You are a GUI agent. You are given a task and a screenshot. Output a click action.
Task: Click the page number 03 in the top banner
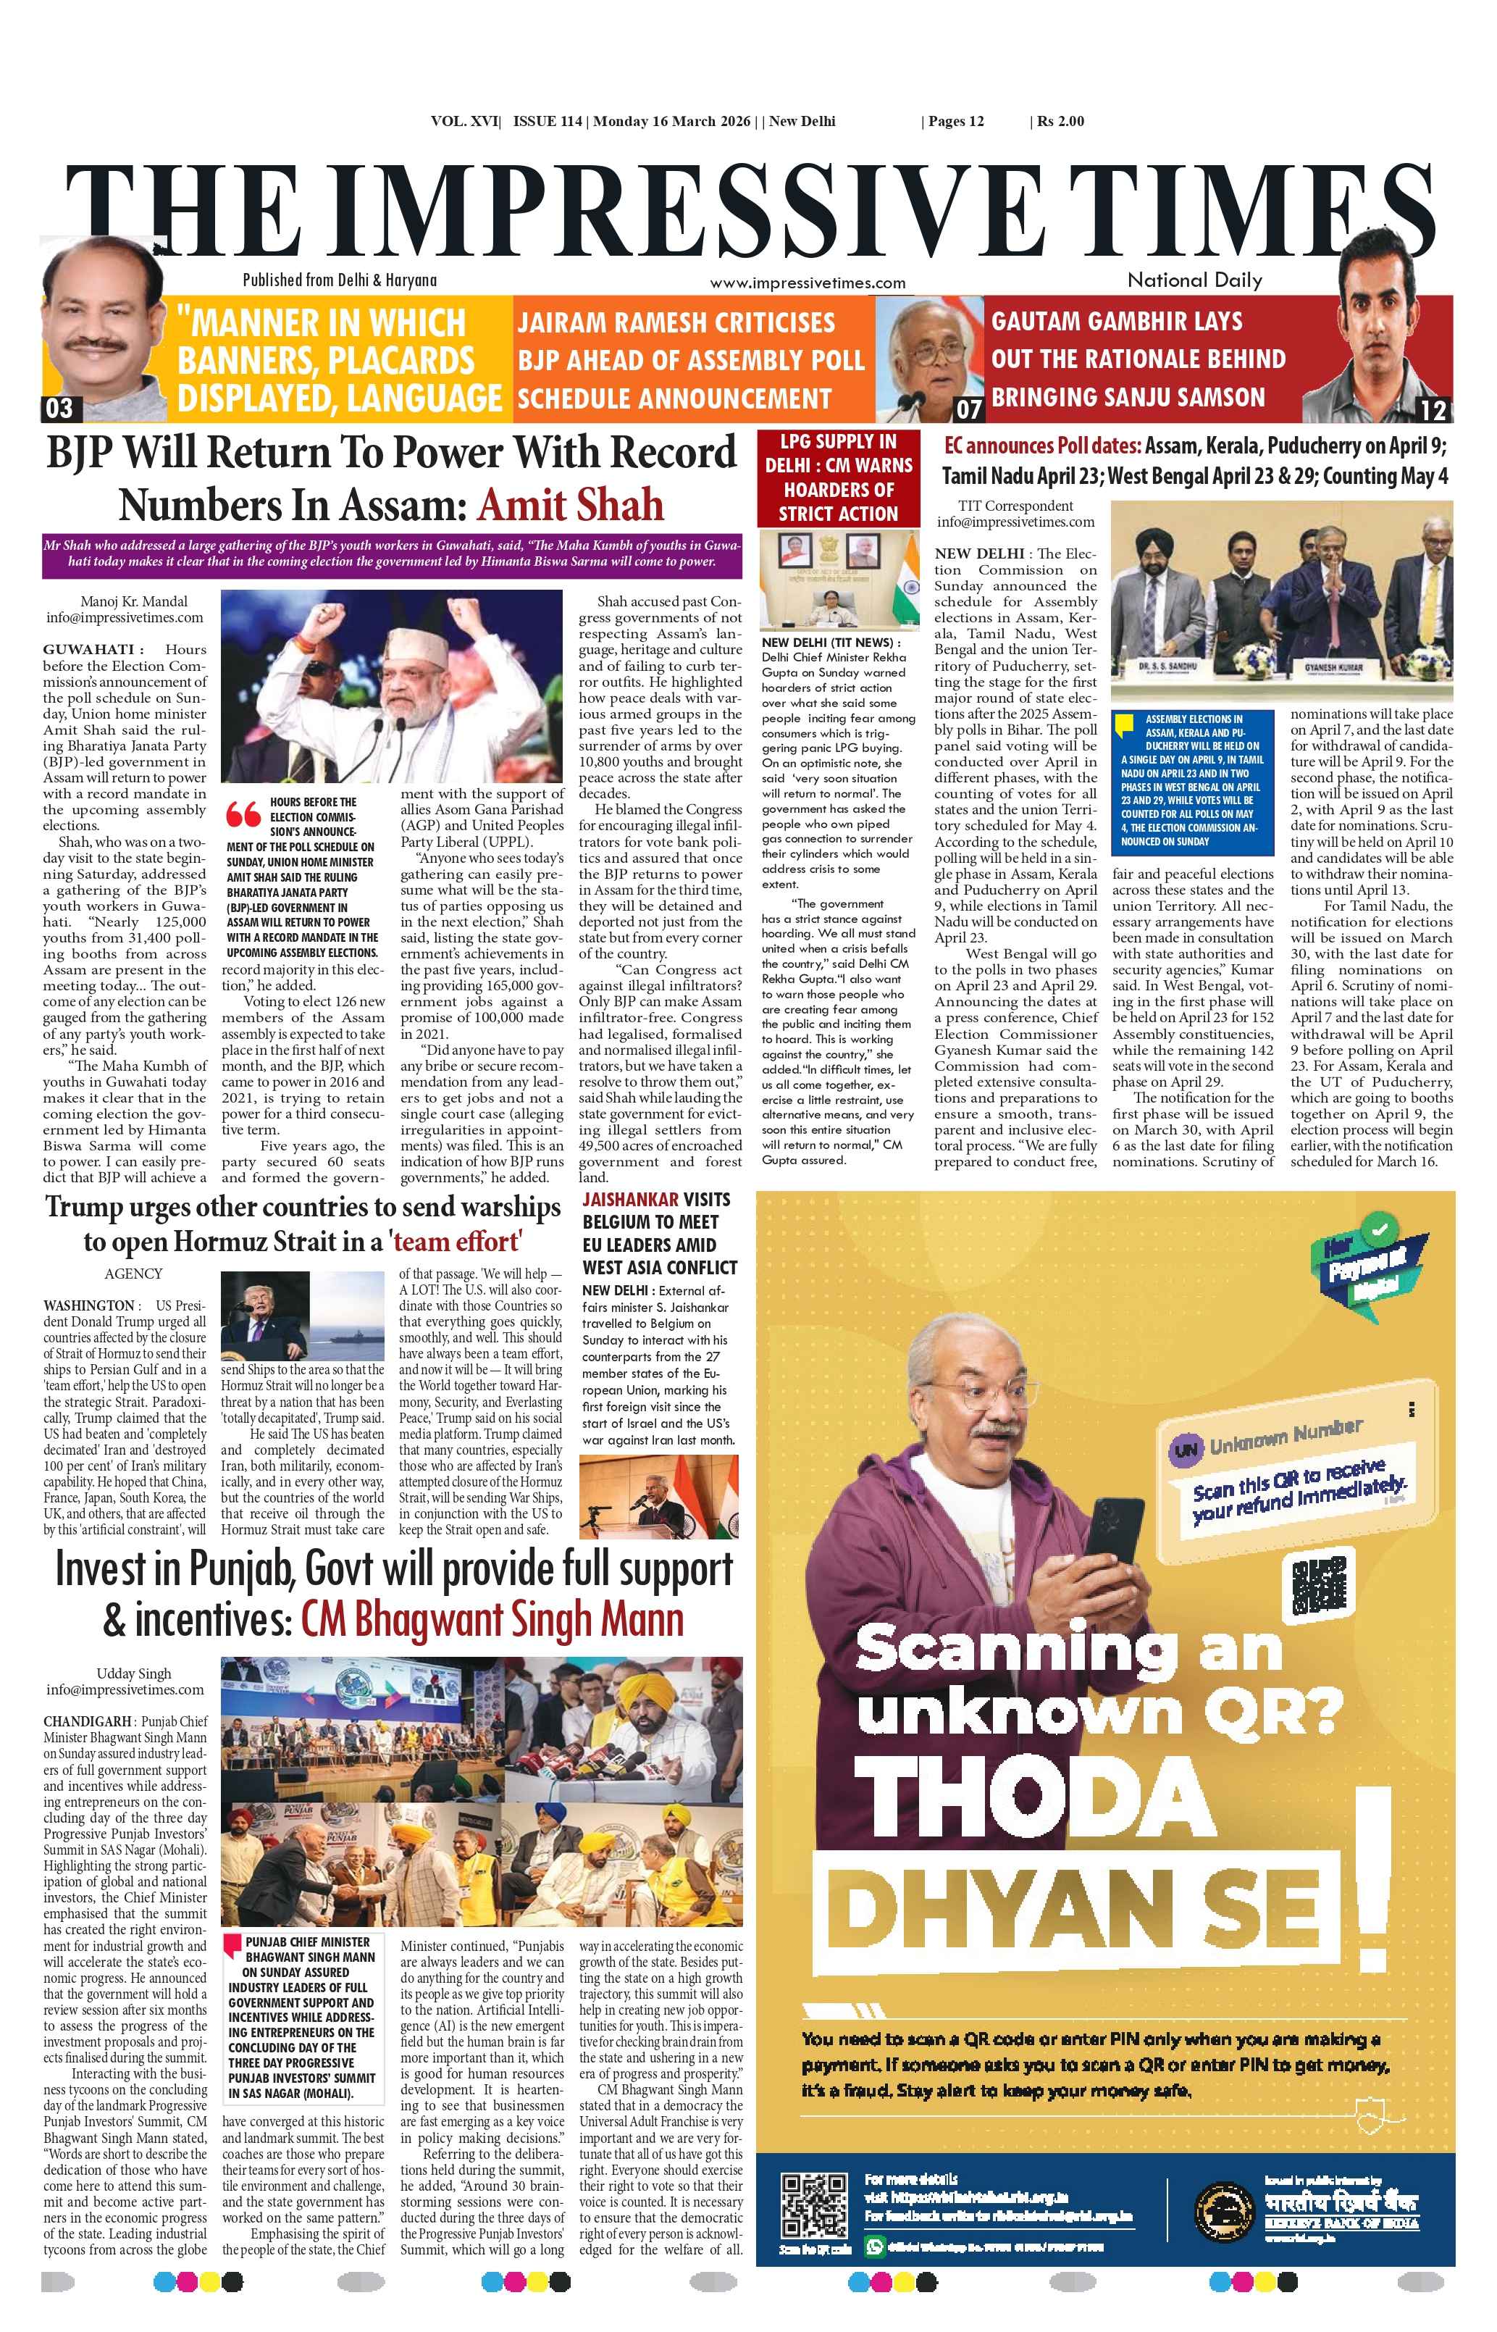[x=59, y=409]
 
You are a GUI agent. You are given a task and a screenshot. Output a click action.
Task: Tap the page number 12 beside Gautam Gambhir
[x=1433, y=409]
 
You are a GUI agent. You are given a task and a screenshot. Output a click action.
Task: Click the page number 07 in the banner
[x=968, y=409]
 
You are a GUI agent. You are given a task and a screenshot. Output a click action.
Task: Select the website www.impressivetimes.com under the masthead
[x=807, y=283]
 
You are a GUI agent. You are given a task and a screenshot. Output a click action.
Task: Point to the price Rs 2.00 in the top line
[x=1060, y=122]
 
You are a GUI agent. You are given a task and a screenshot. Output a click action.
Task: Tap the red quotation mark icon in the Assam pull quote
[x=243, y=814]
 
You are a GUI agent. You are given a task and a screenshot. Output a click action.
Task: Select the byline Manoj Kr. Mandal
[x=133, y=602]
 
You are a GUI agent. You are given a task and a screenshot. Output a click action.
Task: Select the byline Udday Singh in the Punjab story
[x=133, y=1673]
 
